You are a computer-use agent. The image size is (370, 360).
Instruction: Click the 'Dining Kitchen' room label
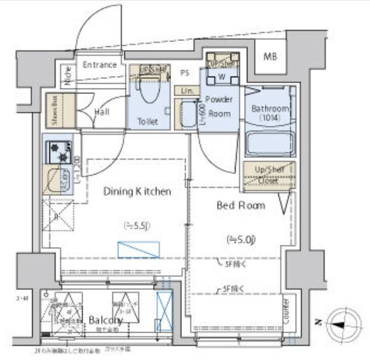[x=137, y=192]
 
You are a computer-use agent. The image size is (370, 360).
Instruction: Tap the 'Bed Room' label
[x=240, y=205]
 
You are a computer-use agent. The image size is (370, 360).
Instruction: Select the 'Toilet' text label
[x=148, y=122]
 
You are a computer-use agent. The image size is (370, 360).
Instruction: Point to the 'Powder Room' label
[x=218, y=105]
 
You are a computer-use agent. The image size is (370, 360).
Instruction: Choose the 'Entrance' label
[x=99, y=65]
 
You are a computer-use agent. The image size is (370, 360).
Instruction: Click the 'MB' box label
[x=270, y=56]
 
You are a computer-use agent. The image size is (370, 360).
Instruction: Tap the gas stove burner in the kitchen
[x=58, y=151]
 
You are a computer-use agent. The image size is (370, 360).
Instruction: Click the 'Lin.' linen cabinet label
[x=187, y=90]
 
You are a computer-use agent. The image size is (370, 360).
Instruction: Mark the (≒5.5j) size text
[x=136, y=226]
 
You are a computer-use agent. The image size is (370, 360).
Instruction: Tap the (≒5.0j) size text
[x=241, y=239]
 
